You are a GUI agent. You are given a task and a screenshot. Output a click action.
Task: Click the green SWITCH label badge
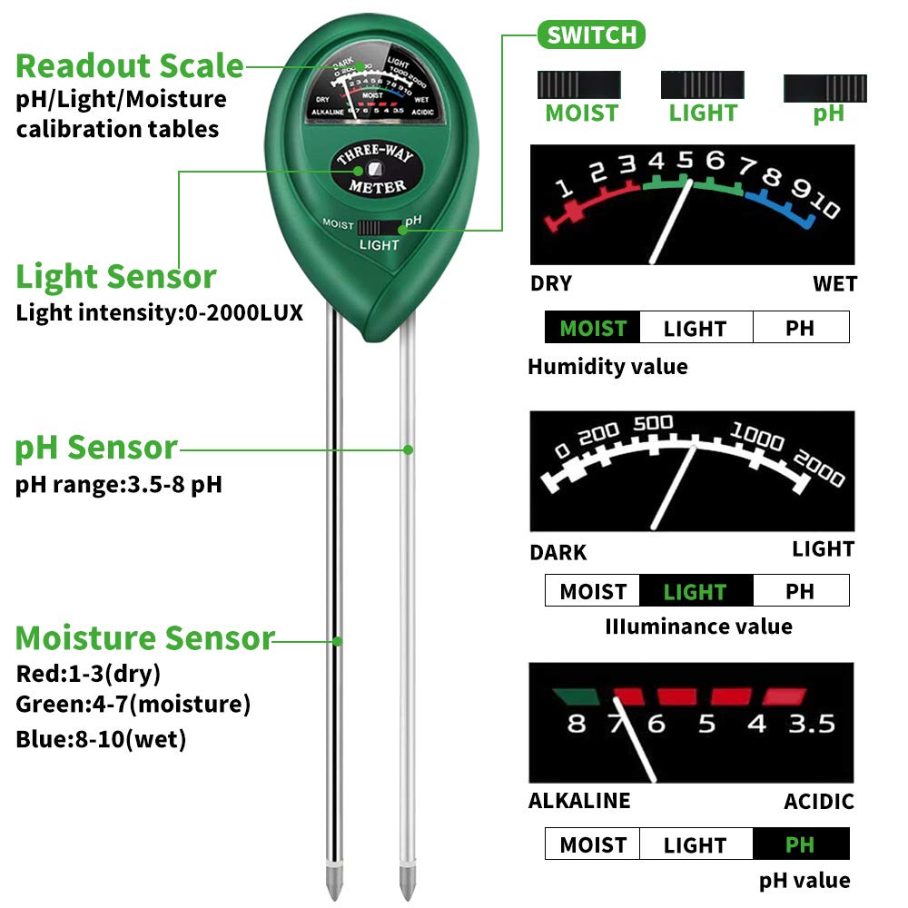591,35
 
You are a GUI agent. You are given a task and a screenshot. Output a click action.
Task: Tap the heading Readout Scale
130,66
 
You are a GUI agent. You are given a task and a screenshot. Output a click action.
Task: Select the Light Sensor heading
116,277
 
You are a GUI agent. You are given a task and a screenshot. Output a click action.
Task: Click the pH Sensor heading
96,448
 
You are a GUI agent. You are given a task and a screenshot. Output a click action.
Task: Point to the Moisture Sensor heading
144,638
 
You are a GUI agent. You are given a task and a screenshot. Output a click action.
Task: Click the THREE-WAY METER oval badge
375,170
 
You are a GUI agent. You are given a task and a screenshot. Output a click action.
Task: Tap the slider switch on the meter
380,226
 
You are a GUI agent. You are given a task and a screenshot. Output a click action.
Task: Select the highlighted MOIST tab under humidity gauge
593,328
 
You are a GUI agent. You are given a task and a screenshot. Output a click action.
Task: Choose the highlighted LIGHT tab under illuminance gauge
696,592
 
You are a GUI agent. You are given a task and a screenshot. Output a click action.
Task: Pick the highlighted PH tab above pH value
800,845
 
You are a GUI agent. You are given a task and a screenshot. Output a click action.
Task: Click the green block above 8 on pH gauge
576,697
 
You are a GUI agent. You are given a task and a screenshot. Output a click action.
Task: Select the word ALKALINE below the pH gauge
579,801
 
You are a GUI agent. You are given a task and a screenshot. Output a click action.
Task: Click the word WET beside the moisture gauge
834,284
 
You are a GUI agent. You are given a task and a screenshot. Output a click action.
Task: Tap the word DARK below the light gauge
558,552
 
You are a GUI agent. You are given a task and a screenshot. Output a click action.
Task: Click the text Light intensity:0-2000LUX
159,314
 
